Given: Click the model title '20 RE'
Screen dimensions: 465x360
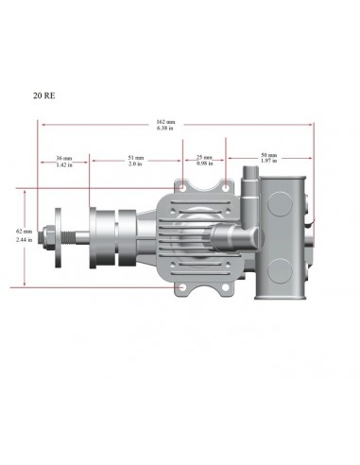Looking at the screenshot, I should pyautogui.click(x=43, y=95).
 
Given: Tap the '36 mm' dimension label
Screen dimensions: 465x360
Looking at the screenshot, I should pyautogui.click(x=64, y=157).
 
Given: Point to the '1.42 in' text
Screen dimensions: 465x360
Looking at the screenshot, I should pyautogui.click(x=64, y=164).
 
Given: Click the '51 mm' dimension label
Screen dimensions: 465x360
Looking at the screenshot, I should pyautogui.click(x=136, y=157).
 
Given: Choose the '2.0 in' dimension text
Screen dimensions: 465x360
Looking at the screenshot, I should pyautogui.click(x=136, y=164).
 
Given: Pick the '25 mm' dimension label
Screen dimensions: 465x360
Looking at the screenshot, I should pyautogui.click(x=204, y=157).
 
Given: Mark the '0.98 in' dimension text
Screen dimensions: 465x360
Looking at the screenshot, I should pyautogui.click(x=204, y=164).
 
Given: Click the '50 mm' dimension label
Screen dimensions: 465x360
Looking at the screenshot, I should pyautogui.click(x=267, y=155).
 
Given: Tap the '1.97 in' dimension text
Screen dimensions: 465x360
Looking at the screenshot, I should pyautogui.click(x=267, y=162).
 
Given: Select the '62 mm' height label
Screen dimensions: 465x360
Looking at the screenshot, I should pyautogui.click(x=23, y=232).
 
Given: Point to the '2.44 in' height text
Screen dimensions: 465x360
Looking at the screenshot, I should pyautogui.click(x=23, y=240).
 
